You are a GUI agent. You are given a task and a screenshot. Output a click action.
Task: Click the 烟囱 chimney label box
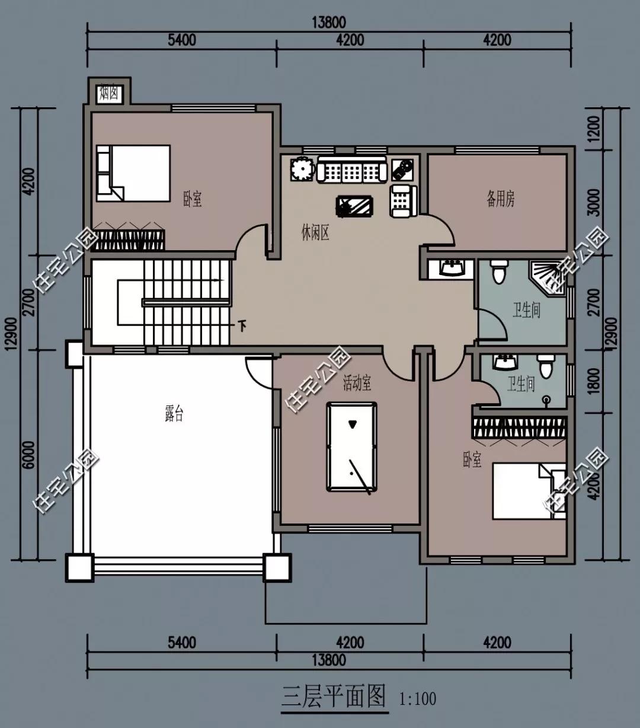coord(109,94)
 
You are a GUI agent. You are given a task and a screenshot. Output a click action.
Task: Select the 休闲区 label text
coord(315,232)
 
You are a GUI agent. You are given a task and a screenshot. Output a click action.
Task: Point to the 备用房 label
coord(500,199)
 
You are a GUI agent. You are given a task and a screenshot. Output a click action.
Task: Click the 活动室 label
coord(357,383)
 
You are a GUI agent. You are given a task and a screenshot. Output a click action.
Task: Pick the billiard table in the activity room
coord(351,446)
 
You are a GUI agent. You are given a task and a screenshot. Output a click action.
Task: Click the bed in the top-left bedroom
coord(133,173)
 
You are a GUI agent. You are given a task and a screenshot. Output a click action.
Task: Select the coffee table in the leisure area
coord(354,207)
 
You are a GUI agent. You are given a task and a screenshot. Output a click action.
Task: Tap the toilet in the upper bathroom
coord(498,272)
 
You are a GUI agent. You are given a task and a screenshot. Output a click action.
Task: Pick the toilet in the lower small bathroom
coord(546,366)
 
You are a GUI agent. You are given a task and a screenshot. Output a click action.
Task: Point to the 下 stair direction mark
coord(243,327)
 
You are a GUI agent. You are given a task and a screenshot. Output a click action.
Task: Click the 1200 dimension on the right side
coord(595,129)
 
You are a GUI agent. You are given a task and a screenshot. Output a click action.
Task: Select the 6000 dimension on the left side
coord(30,455)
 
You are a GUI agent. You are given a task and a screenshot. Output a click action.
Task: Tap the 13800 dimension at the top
coord(329,23)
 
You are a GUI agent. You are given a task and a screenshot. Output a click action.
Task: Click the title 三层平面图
coord(334,697)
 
